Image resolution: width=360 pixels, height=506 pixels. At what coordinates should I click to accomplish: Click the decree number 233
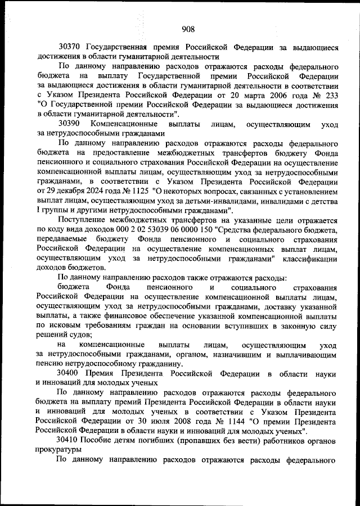coord(330,94)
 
